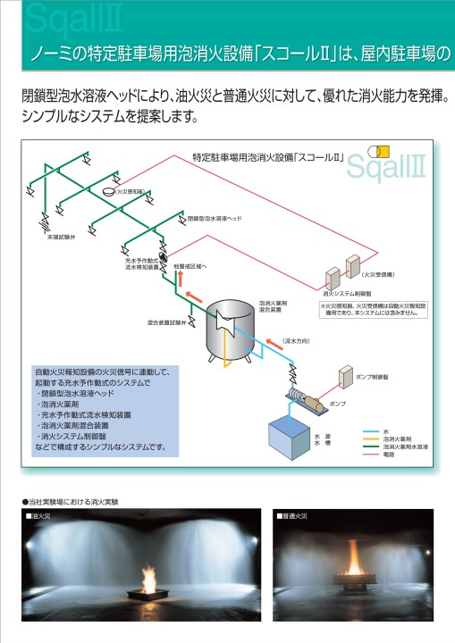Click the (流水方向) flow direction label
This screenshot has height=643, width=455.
pos(296,341)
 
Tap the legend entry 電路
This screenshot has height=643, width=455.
pos(389,455)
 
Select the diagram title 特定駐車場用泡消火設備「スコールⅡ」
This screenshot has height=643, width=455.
pos(268,157)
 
